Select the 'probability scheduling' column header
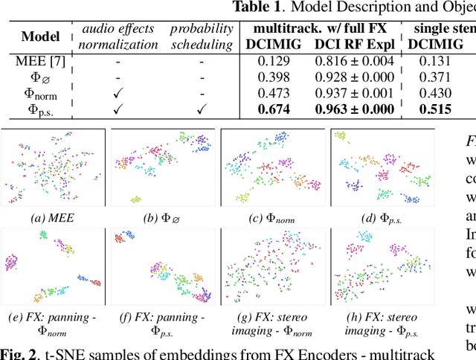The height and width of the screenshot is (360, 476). tap(200, 36)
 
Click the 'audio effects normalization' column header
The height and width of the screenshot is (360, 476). tap(117, 36)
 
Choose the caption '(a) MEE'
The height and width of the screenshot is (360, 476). tap(54, 218)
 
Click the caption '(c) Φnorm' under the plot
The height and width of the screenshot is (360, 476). tap(273, 218)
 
